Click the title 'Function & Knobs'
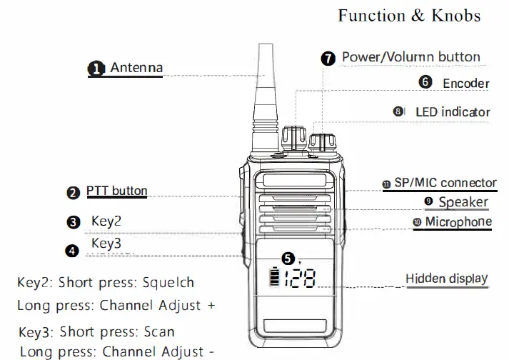pyautogui.click(x=409, y=16)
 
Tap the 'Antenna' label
pyautogui.click(x=136, y=68)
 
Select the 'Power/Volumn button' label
pyautogui.click(x=410, y=57)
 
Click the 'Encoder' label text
pyautogui.click(x=465, y=84)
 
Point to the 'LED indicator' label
pyautogui.click(x=453, y=112)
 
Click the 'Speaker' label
pyautogui.click(x=463, y=202)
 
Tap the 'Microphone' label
pyautogui.click(x=458, y=222)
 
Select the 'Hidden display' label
pyautogui.click(x=447, y=279)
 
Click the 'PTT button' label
pyautogui.click(x=117, y=191)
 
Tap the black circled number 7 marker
pyautogui.click(x=328, y=59)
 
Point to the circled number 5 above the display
pyautogui.click(x=288, y=259)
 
